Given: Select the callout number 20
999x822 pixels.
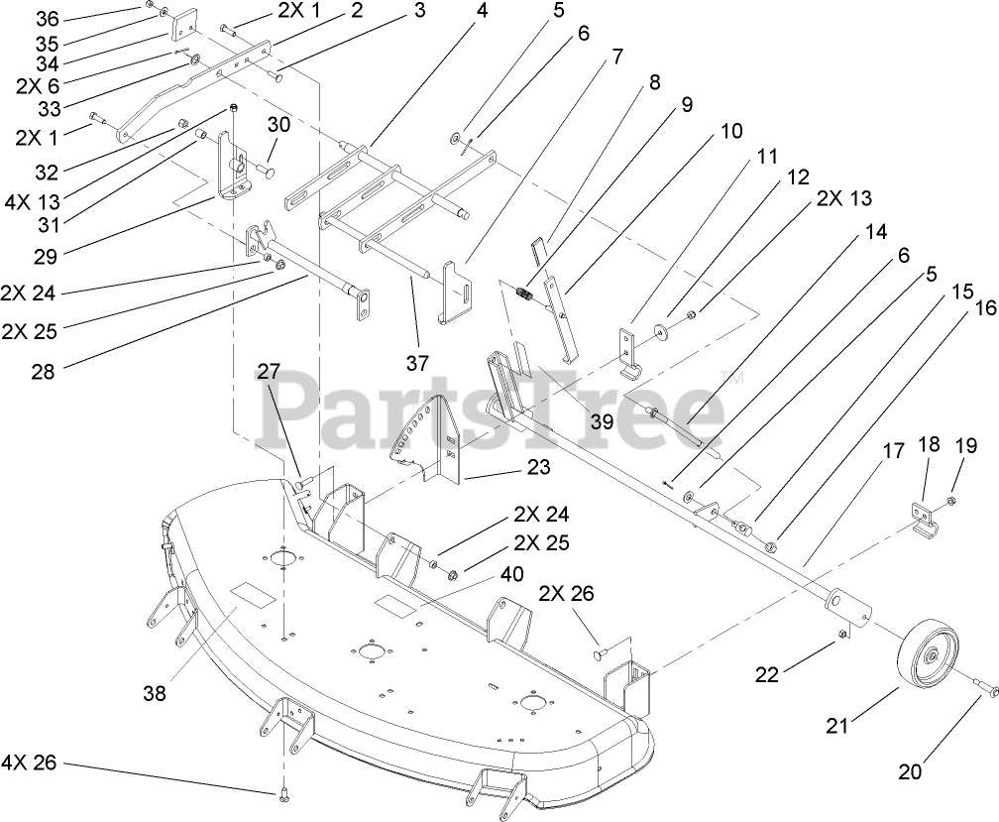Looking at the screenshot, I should (910, 770).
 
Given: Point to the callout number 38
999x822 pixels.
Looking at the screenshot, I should (154, 695).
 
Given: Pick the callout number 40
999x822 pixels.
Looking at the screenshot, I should (512, 574).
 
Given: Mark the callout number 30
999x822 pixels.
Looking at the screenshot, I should (279, 125).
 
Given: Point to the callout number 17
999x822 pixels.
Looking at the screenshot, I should (894, 451).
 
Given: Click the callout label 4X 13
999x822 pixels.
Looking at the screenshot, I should (32, 203).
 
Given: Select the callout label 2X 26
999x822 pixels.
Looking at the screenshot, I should (568, 593).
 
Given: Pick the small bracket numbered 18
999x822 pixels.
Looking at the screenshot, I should (923, 519).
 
